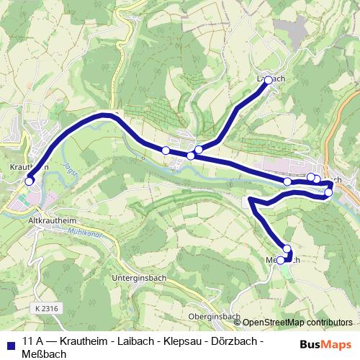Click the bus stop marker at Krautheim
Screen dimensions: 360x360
tap(30, 181)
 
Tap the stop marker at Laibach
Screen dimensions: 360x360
tap(269, 81)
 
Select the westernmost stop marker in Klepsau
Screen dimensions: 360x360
tap(166, 150)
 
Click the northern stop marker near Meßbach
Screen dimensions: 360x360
tap(287, 249)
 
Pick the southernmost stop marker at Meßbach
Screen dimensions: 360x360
tap(281, 261)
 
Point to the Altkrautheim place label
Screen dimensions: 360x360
tap(51, 215)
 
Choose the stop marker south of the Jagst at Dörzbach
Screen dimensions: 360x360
tap(329, 192)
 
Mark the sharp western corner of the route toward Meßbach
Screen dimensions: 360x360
tap(249, 198)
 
